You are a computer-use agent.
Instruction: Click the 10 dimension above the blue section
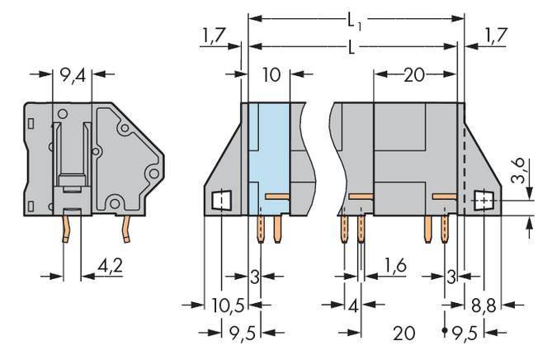271,76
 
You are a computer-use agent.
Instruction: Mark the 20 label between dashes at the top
414,76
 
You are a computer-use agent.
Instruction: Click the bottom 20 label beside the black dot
403,333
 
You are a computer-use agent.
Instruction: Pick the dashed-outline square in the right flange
485,200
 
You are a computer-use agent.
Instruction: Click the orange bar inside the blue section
277,197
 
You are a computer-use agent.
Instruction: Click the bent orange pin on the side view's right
126,230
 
